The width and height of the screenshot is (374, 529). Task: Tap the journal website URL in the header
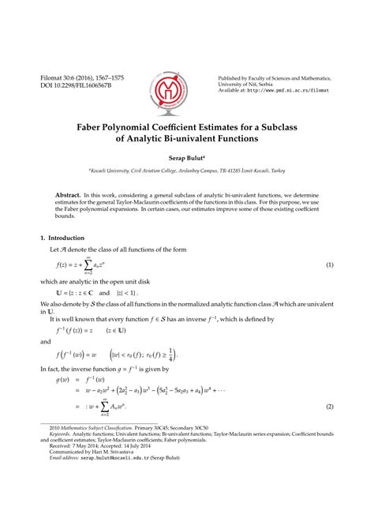click(x=294, y=91)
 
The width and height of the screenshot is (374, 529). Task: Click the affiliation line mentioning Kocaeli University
click(x=187, y=170)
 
